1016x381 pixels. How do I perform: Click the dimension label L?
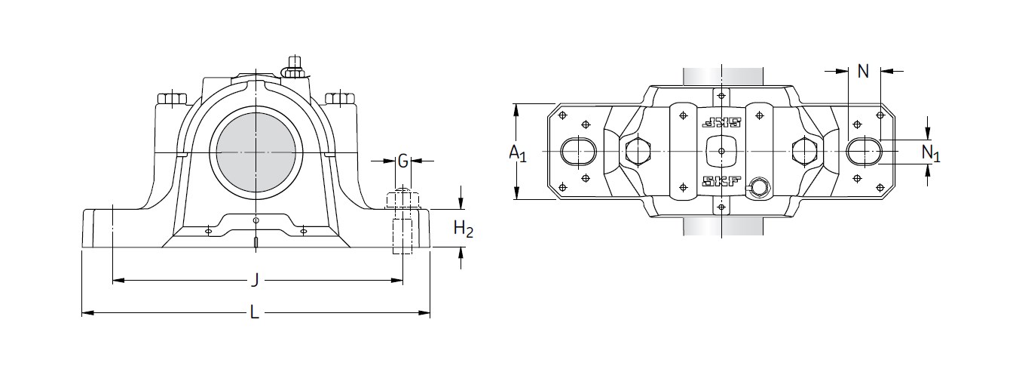point(255,312)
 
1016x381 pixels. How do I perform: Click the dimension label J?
point(256,280)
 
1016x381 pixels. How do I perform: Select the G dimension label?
point(402,161)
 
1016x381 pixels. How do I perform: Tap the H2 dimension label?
point(463,229)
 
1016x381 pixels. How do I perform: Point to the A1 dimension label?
point(518,153)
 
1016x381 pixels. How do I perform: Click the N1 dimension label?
point(931,153)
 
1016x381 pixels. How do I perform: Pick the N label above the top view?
point(863,71)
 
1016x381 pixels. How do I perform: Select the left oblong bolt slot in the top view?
point(578,151)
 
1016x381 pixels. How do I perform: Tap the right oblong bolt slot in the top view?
point(864,150)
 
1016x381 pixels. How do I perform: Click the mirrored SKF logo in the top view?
point(721,123)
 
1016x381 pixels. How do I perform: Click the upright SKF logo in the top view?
point(721,181)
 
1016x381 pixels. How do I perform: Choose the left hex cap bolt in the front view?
point(172,99)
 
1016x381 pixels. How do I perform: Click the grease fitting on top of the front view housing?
point(295,67)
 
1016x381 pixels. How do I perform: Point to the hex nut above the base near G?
point(402,200)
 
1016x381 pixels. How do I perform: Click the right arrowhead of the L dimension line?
point(424,312)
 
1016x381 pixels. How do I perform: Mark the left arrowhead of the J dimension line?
point(118,281)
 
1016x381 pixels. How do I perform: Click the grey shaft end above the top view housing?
point(721,76)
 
